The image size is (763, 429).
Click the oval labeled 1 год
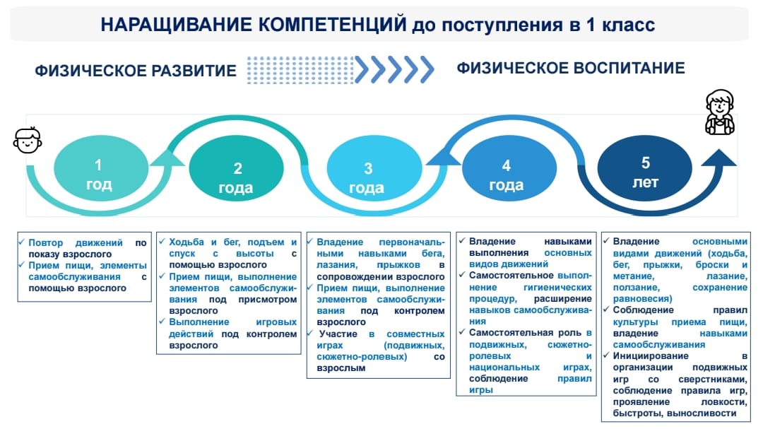click(x=101, y=168)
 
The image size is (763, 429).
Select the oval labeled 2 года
click(x=236, y=168)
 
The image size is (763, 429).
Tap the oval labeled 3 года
click(x=374, y=168)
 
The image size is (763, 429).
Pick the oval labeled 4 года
click(x=509, y=168)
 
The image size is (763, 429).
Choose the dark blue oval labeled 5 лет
click(x=645, y=168)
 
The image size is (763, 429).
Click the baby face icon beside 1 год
click(x=28, y=140)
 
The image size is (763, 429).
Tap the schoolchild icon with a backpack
click(x=720, y=112)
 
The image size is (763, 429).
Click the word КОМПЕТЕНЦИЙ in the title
click(x=332, y=24)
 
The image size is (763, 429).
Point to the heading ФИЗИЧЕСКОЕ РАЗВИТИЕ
click(x=135, y=71)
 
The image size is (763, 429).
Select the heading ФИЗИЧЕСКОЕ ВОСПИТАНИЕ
click(x=571, y=68)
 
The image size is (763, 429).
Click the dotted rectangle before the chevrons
click(x=300, y=70)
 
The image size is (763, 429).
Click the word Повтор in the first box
click(x=46, y=242)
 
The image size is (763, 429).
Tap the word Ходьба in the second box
click(x=187, y=242)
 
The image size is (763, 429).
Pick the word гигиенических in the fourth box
click(x=557, y=288)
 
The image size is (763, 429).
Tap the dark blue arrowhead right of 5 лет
click(x=718, y=158)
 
